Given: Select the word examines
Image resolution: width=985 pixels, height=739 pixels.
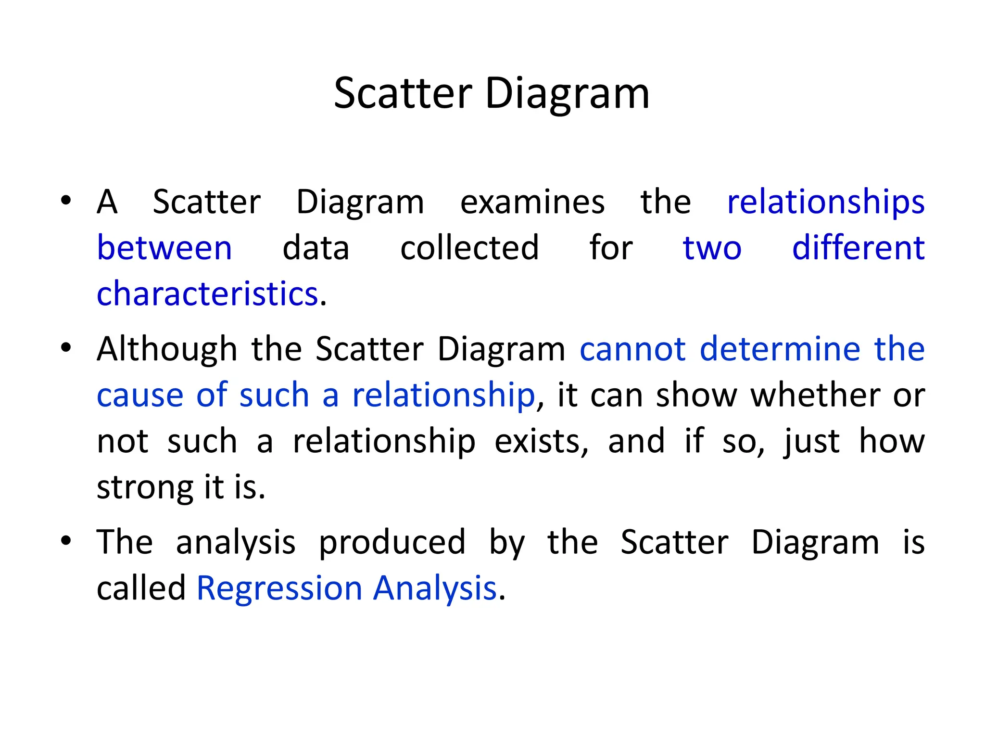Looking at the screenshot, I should [x=532, y=202].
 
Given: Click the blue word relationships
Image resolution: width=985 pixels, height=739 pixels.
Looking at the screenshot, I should [x=826, y=202].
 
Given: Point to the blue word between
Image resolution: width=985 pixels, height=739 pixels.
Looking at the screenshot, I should [x=164, y=248].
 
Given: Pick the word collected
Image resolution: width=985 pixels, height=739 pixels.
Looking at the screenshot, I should [x=469, y=248].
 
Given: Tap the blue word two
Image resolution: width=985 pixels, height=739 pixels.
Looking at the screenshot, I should [x=712, y=248].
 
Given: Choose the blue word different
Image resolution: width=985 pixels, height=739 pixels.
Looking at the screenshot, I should [x=859, y=248].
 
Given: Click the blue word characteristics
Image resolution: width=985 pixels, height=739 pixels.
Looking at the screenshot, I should [x=207, y=294].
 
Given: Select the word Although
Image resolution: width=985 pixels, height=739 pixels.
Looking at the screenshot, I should [x=167, y=349].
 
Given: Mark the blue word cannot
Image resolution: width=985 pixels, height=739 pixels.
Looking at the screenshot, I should [x=632, y=349].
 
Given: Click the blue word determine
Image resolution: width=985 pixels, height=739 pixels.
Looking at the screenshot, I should [x=780, y=349].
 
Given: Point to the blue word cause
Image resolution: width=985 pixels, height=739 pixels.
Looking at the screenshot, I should [x=140, y=395].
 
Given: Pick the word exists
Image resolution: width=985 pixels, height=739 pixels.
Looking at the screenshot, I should [x=541, y=441].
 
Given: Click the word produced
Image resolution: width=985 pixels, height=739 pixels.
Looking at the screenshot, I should [x=392, y=542].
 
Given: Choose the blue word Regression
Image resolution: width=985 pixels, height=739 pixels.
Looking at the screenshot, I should [x=279, y=588].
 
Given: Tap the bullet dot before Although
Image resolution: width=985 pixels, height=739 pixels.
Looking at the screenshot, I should [x=66, y=347].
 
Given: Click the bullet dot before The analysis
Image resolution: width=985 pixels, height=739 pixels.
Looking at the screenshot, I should [x=66, y=540].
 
